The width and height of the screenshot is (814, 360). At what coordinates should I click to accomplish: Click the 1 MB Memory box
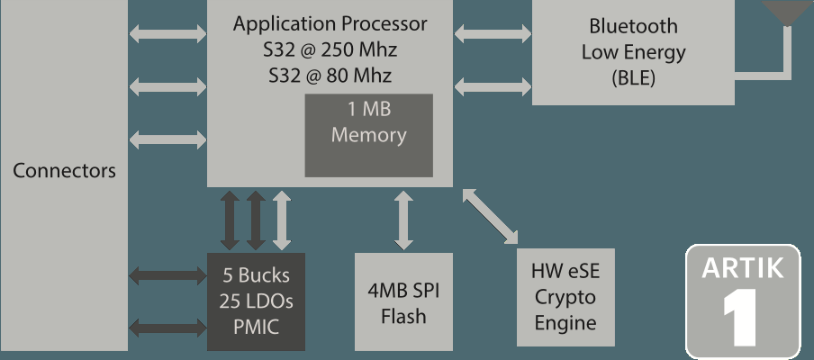(368, 134)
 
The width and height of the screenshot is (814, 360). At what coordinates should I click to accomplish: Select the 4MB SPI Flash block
(403, 301)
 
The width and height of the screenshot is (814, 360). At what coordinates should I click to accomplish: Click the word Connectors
(64, 171)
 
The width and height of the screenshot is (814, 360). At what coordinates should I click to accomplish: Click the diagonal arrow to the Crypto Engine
(491, 216)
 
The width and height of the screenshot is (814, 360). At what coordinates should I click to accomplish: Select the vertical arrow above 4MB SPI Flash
(403, 220)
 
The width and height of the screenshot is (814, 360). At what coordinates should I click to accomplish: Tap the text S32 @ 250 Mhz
(330, 49)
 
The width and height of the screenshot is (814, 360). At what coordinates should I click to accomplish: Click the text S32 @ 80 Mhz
(330, 76)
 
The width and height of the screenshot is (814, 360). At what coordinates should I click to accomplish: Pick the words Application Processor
(330, 23)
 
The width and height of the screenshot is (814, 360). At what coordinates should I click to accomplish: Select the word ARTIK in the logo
(743, 267)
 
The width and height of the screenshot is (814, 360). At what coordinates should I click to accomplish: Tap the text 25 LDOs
(256, 301)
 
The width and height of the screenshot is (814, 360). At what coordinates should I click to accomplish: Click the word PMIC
(256, 327)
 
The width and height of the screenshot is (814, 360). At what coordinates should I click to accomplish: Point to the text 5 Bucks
(256, 275)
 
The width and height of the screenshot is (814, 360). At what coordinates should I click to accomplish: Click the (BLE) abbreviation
(633, 78)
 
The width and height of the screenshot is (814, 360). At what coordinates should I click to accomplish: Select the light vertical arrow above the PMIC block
(282, 220)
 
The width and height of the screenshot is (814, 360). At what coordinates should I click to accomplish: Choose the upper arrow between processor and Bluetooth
(492, 34)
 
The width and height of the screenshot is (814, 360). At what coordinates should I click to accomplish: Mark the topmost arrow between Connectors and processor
(167, 34)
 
